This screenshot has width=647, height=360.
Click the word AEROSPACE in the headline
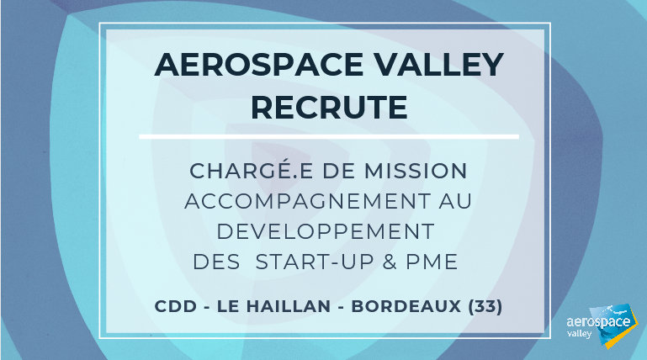tap(259, 65)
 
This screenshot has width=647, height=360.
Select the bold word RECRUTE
tap(329, 108)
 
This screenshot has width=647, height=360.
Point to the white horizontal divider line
tap(329, 136)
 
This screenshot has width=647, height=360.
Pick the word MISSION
tap(416, 171)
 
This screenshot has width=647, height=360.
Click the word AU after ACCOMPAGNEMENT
tap(455, 201)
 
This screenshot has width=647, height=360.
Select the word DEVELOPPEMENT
tap(326, 232)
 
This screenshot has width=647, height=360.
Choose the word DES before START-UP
tap(216, 262)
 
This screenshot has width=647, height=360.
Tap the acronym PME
tap(432, 262)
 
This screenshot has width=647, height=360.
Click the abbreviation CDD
tap(176, 306)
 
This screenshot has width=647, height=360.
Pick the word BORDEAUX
tap(406, 306)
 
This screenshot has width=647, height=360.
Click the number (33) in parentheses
tap(485, 306)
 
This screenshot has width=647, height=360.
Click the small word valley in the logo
tap(580, 334)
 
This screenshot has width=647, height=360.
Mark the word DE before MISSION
tap(338, 171)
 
